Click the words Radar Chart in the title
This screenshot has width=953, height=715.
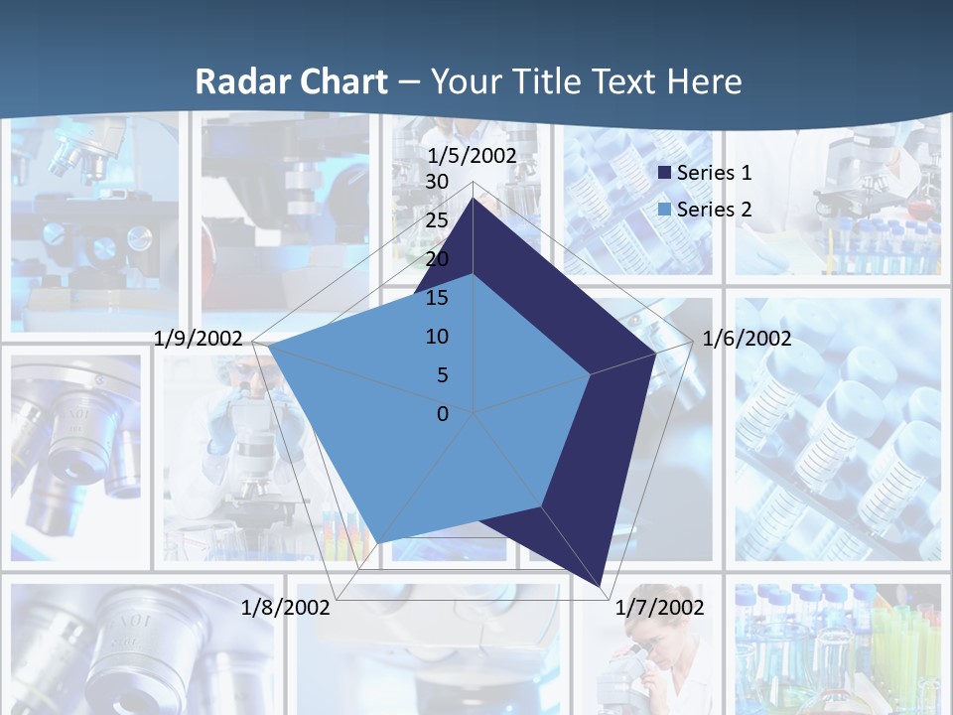pos(291,81)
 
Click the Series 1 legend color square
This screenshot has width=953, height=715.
pos(665,173)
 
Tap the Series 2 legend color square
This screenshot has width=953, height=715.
pos(665,210)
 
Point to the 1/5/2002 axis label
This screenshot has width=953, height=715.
pos(472,156)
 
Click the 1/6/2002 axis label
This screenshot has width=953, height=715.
pos(747,339)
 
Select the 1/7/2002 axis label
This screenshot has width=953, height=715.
pos(660,607)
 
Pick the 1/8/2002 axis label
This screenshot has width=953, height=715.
pos(286,607)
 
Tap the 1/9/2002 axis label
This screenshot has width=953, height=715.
pos(199,339)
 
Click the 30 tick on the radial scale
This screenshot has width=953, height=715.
pos(437,182)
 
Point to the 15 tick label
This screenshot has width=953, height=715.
pos(437,298)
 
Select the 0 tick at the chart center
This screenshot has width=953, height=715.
pos(443,414)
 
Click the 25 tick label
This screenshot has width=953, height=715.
pos(437,220)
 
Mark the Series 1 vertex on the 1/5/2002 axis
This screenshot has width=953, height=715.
pos(474,199)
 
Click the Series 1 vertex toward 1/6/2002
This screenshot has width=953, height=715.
pos(656,353)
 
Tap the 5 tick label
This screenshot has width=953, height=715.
pos(441,375)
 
